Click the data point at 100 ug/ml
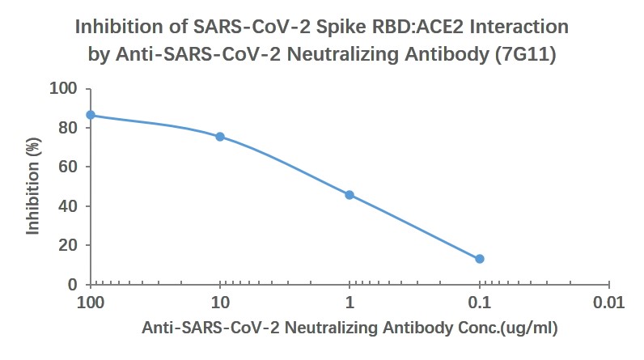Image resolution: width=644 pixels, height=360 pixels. [91, 115]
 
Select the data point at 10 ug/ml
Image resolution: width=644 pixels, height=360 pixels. [220, 137]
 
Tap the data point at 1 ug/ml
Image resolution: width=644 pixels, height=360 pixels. [350, 195]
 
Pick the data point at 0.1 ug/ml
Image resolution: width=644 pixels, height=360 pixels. [480, 259]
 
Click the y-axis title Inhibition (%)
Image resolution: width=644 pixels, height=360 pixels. [33, 187]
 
